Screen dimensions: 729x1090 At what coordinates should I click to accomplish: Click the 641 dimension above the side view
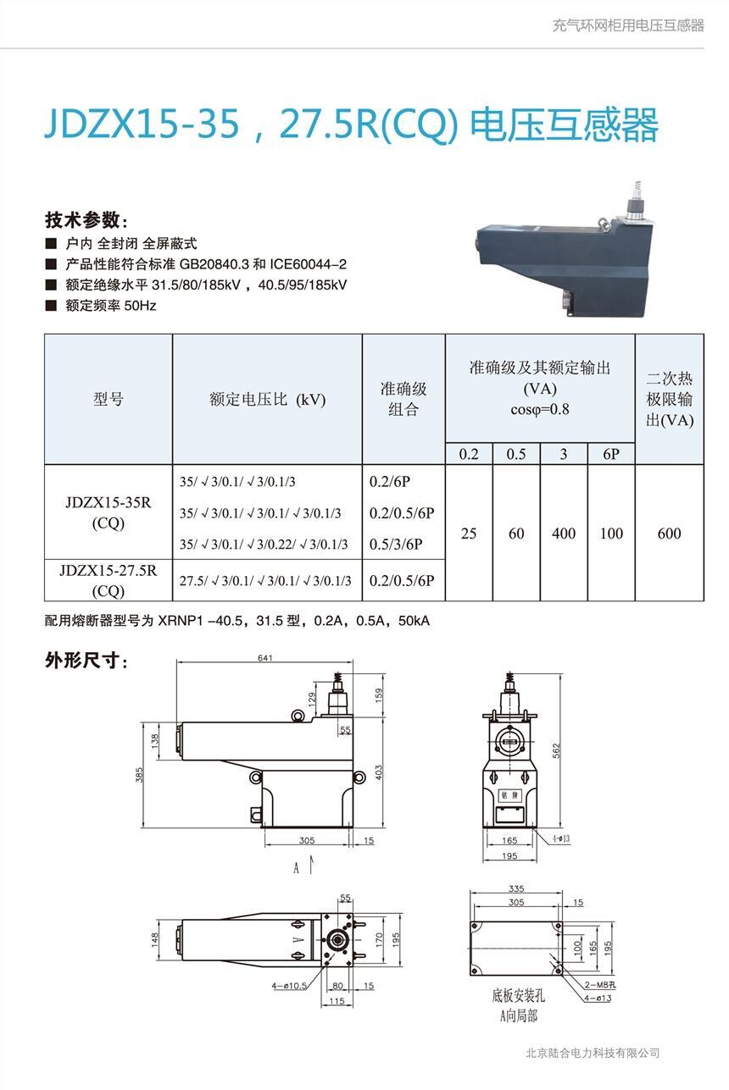[x=265, y=658]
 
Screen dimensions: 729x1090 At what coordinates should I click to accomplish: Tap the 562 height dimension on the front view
[x=557, y=750]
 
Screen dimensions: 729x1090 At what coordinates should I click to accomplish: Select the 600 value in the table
[x=669, y=534]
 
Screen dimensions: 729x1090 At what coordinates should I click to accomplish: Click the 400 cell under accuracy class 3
[x=564, y=534]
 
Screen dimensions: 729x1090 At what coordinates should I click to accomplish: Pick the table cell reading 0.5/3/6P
[x=396, y=544]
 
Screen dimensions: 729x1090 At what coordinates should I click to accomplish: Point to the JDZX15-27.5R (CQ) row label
[x=109, y=580]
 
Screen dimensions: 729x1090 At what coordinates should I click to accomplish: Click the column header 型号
[x=109, y=399]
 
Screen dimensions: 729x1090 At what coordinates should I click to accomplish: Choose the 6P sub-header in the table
[x=611, y=454]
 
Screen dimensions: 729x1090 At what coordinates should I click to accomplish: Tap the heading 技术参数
[x=86, y=220]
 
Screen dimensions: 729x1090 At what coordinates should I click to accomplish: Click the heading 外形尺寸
[x=86, y=661]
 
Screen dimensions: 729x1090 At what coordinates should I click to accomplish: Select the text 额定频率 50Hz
[x=111, y=306]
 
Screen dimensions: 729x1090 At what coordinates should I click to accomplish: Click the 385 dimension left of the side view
[x=139, y=775]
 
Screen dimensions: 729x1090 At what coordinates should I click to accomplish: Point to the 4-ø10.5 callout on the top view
[x=289, y=986]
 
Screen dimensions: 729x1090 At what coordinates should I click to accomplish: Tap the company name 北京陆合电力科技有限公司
[x=593, y=1053]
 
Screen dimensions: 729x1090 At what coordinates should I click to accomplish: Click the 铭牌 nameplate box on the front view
[x=509, y=795]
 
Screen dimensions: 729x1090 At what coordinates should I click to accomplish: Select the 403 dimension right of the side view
[x=379, y=772]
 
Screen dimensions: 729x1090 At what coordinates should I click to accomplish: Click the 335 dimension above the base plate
[x=516, y=888]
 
